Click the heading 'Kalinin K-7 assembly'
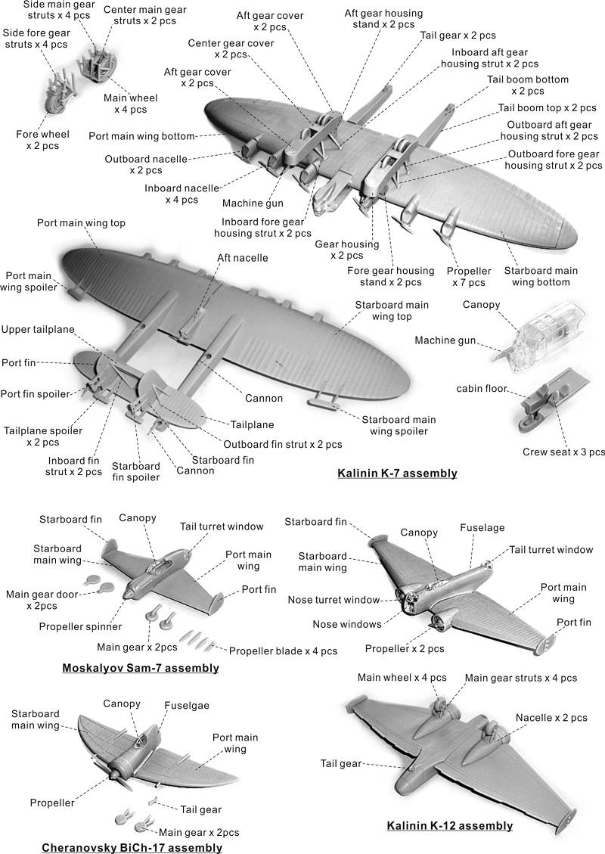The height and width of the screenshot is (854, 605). click(x=397, y=473)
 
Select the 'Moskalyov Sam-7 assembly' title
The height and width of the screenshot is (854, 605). click(x=141, y=668)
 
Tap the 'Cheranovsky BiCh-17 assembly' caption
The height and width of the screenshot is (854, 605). click(x=132, y=847)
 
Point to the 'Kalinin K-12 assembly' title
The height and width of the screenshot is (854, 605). click(x=450, y=826)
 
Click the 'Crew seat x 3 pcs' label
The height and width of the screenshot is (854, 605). click(x=563, y=452)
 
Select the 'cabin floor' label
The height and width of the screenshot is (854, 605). click(x=482, y=388)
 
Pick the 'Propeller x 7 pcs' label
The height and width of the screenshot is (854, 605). click(x=469, y=277)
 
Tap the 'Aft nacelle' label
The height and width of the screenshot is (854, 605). click(x=242, y=258)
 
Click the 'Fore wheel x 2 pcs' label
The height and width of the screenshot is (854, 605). click(x=42, y=140)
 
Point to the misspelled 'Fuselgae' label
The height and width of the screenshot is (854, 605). click(x=187, y=705)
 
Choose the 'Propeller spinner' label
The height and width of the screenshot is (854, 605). click(x=80, y=627)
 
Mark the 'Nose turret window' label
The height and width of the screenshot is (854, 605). click(x=334, y=600)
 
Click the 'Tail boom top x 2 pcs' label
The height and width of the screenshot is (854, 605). click(x=547, y=108)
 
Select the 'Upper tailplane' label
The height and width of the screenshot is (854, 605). click(x=38, y=330)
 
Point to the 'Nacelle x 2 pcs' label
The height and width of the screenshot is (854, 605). click(x=551, y=718)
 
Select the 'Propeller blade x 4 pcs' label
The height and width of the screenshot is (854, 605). click(x=283, y=651)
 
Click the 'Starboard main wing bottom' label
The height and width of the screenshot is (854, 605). click(x=541, y=276)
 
